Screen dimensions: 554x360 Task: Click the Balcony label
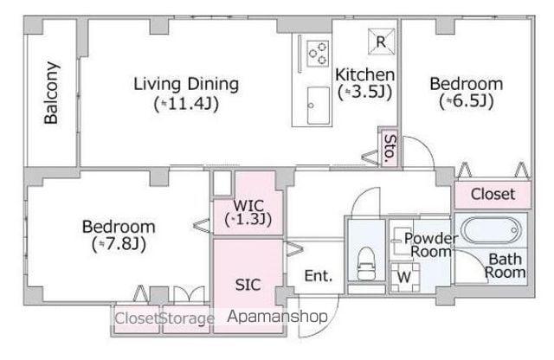[x=51, y=93]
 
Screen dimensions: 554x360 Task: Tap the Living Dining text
[x=186, y=85]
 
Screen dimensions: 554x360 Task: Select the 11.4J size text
[x=186, y=104]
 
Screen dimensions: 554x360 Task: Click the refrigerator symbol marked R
[x=381, y=42]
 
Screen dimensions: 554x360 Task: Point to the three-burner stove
[x=318, y=54]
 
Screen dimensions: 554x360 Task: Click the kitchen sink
[x=318, y=106]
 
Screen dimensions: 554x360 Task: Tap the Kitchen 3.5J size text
[x=365, y=93]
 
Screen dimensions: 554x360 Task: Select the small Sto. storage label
[x=390, y=148]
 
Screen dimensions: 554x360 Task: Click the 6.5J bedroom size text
[x=467, y=101]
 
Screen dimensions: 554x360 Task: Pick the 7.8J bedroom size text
[x=119, y=244]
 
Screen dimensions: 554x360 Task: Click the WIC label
[x=248, y=205]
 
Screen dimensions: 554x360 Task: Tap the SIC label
[x=248, y=285]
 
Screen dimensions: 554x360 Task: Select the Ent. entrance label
[x=319, y=276]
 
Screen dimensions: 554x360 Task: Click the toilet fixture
[x=366, y=264]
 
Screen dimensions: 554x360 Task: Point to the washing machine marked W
[x=405, y=277]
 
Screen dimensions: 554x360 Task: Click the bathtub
[x=491, y=230]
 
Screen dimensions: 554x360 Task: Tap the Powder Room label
[x=431, y=245]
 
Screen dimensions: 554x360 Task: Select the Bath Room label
[x=506, y=266]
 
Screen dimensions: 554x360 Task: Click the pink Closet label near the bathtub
[x=493, y=194]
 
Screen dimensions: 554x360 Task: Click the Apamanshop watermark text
[x=277, y=317]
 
